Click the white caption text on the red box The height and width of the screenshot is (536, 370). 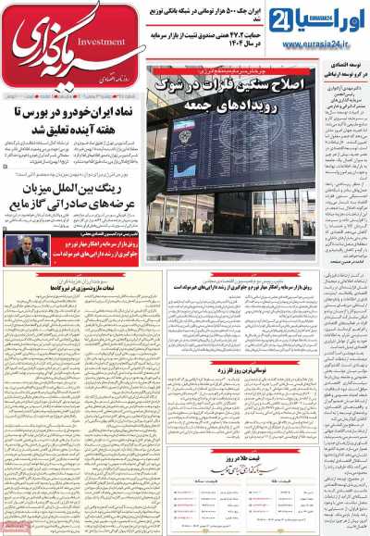pyautogui.click(x=89, y=249)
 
